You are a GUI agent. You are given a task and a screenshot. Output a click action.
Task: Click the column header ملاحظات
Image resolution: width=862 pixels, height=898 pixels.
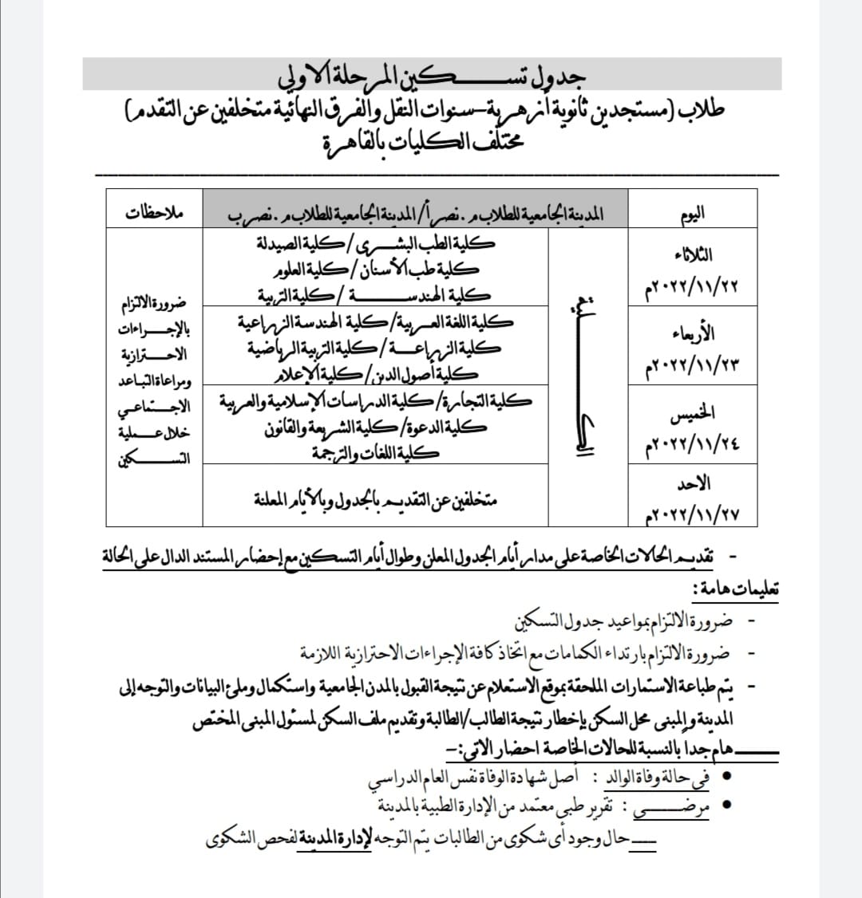155,213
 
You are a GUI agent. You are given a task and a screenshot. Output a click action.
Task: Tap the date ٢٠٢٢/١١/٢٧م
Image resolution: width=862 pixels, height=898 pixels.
692,514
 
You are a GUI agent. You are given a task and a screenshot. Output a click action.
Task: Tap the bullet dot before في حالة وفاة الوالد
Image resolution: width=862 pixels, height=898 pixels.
726,775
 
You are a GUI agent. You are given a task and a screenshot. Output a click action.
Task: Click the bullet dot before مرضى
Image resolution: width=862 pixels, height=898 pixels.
726,804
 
